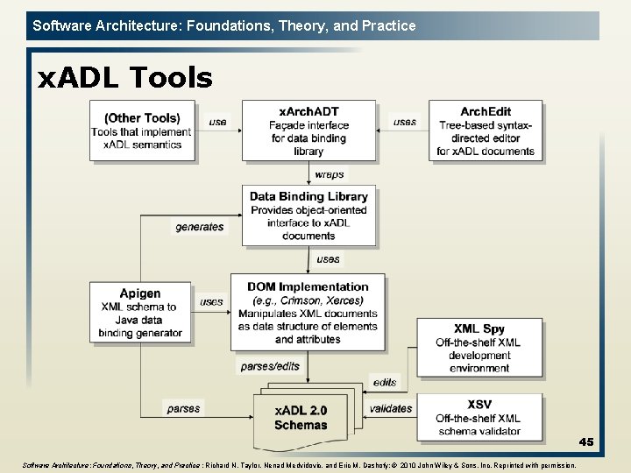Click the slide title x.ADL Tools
click(x=124, y=79)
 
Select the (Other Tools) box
click(x=142, y=131)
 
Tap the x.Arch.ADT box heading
click(x=308, y=111)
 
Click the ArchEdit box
click(x=486, y=131)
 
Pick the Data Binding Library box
click(x=308, y=215)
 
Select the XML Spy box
click(x=479, y=349)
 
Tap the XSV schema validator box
click(x=479, y=417)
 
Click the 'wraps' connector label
click(x=329, y=174)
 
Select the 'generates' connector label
click(x=200, y=227)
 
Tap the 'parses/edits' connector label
click(x=268, y=366)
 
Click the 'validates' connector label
click(x=391, y=408)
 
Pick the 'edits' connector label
click(x=384, y=382)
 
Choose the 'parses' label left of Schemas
click(x=183, y=408)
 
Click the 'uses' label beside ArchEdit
click(x=405, y=122)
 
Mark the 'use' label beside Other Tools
click(x=217, y=122)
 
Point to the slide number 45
click(x=585, y=442)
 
